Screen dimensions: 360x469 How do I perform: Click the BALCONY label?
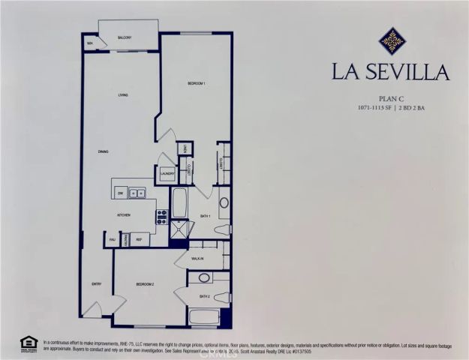[x=125, y=37]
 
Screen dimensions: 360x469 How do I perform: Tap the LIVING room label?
[x=122, y=95]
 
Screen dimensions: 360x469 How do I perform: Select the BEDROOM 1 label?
[x=196, y=83]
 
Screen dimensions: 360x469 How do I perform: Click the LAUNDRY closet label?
[x=168, y=174]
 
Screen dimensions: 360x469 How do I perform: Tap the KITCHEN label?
[x=124, y=215]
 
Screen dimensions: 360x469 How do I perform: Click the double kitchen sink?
[x=137, y=193]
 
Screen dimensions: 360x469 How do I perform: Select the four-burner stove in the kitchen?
[x=161, y=217]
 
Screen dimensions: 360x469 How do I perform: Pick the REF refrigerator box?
[x=140, y=240]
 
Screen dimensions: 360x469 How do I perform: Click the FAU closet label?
[x=112, y=240]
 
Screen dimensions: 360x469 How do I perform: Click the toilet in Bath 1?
[x=224, y=202]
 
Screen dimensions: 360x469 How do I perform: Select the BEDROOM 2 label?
[x=146, y=286]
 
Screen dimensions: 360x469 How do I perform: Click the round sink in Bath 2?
[x=203, y=278]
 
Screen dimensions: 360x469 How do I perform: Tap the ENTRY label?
[x=97, y=283]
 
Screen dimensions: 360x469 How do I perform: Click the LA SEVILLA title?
[x=391, y=73]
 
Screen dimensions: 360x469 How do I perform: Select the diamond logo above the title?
[x=392, y=40]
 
